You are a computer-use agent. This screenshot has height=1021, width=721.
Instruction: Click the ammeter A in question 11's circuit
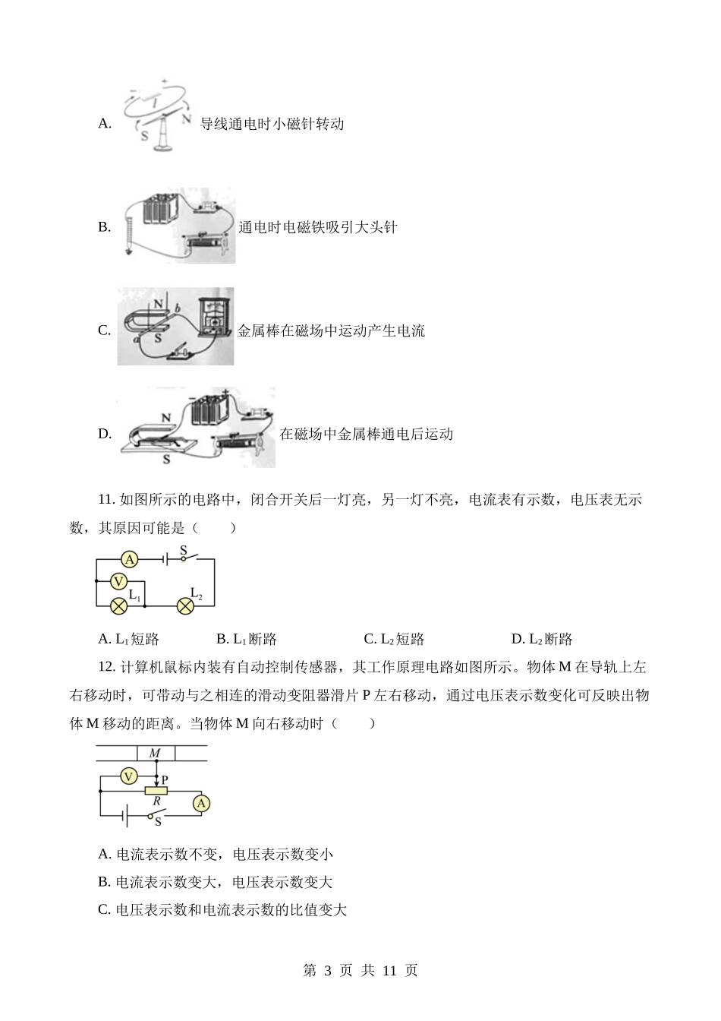[x=130, y=559]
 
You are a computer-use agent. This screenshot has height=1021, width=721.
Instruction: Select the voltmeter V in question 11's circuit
[x=119, y=582]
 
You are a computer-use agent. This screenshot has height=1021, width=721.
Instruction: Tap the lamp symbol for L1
[x=119, y=606]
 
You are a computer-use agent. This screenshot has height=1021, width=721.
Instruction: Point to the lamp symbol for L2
[x=185, y=606]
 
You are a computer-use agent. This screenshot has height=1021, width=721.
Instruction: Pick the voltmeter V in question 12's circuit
[x=129, y=776]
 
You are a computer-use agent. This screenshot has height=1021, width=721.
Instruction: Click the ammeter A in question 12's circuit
[x=201, y=804]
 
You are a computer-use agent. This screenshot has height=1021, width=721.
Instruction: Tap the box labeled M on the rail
[x=156, y=754]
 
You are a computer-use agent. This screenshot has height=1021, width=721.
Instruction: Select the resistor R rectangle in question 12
[x=156, y=791]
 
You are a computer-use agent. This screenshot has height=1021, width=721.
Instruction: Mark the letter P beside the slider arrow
[x=165, y=780]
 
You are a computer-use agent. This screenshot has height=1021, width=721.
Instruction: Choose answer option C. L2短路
[x=394, y=639]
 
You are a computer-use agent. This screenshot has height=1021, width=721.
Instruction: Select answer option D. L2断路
[x=542, y=639]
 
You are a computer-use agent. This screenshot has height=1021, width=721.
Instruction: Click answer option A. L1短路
[x=128, y=639]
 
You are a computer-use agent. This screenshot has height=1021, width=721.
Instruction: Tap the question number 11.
[x=106, y=500]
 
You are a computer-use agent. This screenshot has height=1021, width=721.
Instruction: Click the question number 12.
[x=106, y=667]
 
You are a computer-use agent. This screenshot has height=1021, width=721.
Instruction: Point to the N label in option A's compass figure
[x=186, y=119]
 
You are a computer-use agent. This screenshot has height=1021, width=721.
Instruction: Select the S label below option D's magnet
[x=166, y=459]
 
